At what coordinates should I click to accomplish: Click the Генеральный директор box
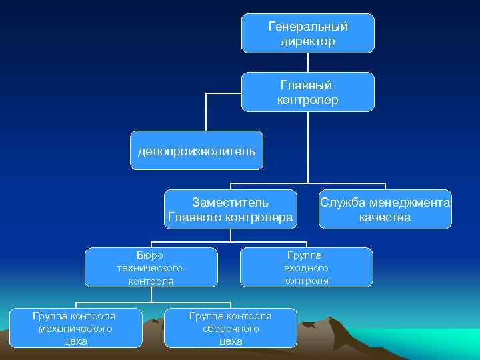click(x=307, y=33)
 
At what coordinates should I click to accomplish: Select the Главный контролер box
click(x=307, y=92)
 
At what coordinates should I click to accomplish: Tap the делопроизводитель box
click(x=196, y=151)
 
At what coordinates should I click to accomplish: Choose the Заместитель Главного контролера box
click(x=230, y=209)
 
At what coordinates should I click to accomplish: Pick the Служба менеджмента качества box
click(x=385, y=209)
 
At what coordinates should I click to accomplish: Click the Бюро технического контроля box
click(x=151, y=267)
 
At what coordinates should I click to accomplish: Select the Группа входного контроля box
click(x=306, y=267)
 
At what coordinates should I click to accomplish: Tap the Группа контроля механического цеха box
click(x=75, y=328)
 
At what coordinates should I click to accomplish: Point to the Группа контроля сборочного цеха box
click(x=231, y=328)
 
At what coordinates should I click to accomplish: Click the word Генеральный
click(x=308, y=27)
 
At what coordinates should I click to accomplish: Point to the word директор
click(x=308, y=41)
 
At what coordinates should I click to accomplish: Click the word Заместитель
click(x=230, y=202)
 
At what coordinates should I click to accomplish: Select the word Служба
click(x=343, y=202)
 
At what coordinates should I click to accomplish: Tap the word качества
click(x=385, y=217)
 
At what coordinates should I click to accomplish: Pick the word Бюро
click(x=150, y=254)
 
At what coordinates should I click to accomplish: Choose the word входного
click(x=306, y=267)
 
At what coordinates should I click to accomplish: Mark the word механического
click(x=75, y=329)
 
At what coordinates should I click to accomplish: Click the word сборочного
click(x=231, y=329)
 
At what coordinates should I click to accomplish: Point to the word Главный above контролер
click(x=307, y=85)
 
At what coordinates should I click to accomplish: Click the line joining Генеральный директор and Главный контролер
click(x=308, y=62)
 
